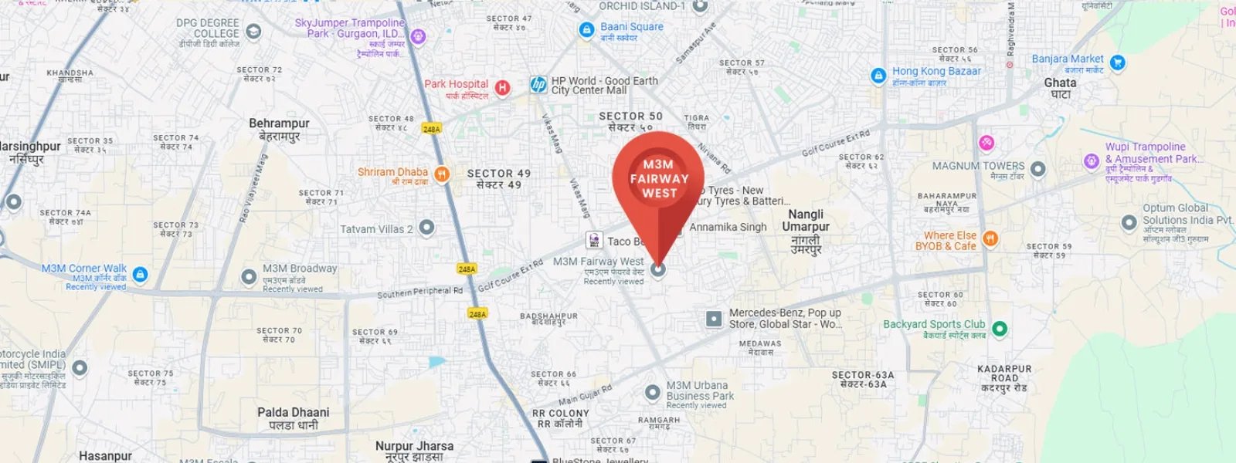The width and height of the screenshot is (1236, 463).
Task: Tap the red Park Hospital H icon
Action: (x=502, y=88)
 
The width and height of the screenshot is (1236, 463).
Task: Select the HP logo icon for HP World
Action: (x=538, y=85)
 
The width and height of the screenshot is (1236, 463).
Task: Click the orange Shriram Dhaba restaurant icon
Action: (x=442, y=174)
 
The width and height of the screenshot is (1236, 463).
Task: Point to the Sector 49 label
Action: (x=499, y=179)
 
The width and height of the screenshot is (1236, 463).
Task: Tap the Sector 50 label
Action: (x=630, y=121)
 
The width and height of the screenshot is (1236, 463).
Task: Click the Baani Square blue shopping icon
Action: (x=586, y=30)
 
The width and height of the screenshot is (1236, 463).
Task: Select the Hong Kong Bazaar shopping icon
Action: (x=878, y=76)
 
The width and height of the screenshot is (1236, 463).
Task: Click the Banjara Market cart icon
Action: (x=1117, y=63)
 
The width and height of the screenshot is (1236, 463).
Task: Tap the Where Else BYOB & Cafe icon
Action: (x=990, y=239)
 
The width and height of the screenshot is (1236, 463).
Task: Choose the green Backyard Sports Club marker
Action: (x=999, y=329)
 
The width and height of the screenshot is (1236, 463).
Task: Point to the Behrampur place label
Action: (x=279, y=129)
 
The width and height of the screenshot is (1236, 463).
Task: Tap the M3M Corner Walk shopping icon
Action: (x=140, y=274)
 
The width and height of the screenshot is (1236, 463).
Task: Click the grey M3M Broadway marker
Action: (x=249, y=276)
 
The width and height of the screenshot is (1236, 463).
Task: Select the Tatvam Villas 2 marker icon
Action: (x=426, y=228)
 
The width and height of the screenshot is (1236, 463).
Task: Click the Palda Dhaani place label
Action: (x=294, y=418)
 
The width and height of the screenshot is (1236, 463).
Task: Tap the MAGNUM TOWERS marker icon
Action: (x=1037, y=168)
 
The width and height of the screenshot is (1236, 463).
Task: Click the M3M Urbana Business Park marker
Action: (x=653, y=393)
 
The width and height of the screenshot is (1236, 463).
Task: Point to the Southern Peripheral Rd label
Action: (x=419, y=292)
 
